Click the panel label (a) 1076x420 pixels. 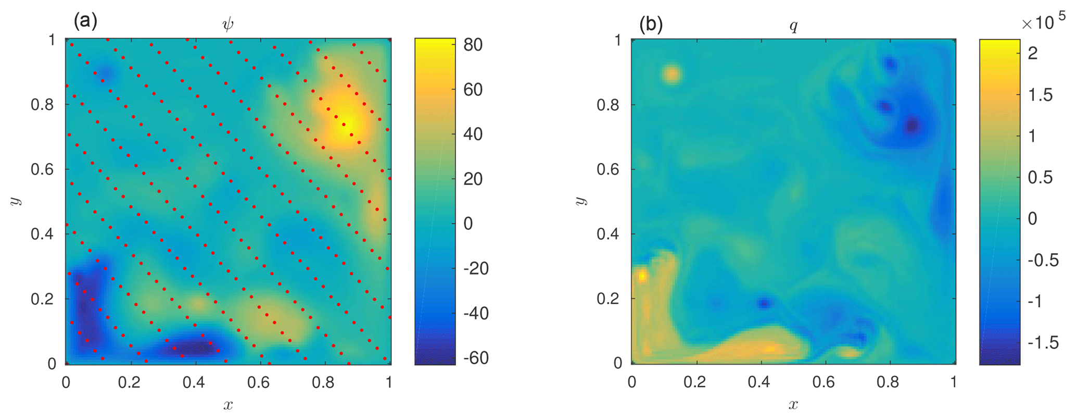85,21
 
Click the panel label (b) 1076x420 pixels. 651,24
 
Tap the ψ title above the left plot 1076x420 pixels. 228,24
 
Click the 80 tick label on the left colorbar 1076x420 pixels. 473,45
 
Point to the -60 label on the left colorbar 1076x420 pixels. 476,358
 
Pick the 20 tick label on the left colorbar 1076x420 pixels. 473,179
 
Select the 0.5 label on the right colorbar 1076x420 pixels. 1040,177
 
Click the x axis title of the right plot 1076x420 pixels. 793,404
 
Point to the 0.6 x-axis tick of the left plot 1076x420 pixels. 258,382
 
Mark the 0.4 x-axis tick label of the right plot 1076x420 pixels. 758,382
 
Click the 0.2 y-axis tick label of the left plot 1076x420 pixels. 43,299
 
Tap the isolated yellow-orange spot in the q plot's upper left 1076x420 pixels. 672,75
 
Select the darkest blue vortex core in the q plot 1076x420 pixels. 912,126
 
